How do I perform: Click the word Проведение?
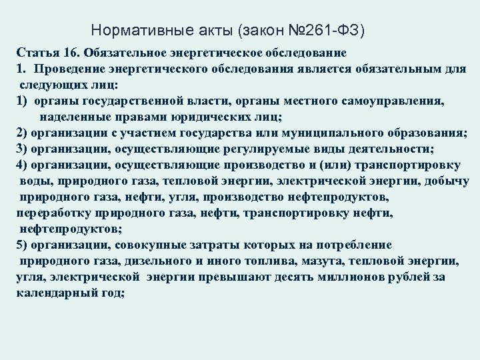68,69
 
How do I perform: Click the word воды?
33,181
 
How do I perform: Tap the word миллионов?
361,277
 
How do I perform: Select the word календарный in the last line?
55,293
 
